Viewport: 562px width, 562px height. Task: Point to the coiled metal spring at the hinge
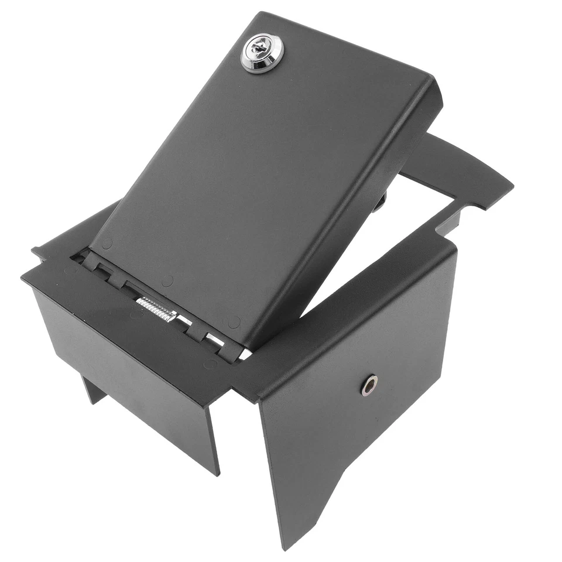pyautogui.click(x=156, y=309)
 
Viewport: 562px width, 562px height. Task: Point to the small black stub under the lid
pyautogui.click(x=381, y=202)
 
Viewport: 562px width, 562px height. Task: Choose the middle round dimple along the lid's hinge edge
pyautogui.click(x=167, y=282)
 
